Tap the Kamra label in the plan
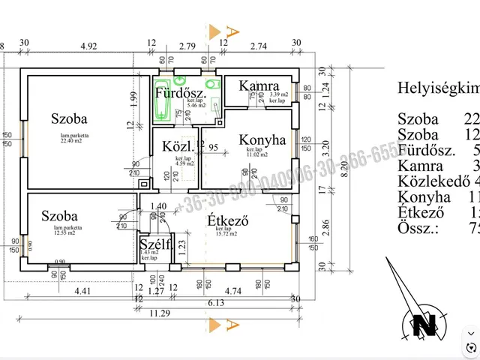[259, 87]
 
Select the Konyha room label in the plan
[262, 139]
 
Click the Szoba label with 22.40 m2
[69, 118]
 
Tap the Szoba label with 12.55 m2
[60, 216]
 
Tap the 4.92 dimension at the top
[89, 46]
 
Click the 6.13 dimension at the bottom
[217, 302]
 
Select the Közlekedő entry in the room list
[434, 181]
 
